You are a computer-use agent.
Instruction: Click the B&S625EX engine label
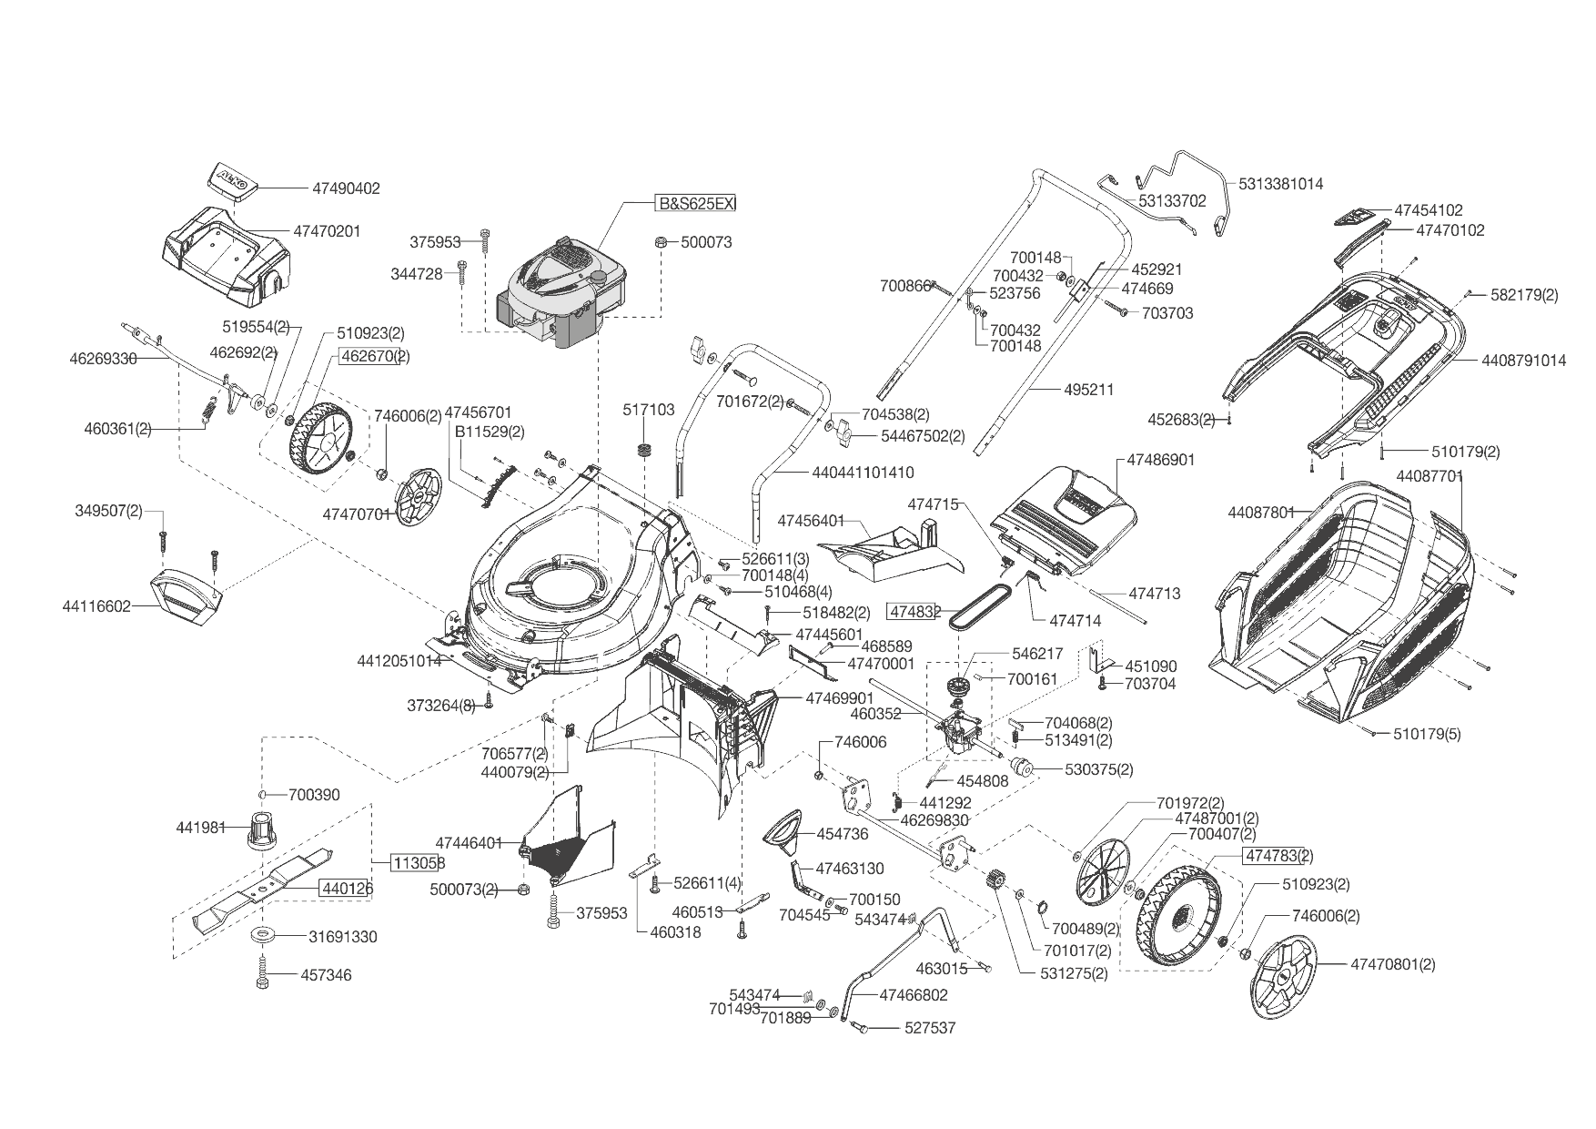pyautogui.click(x=696, y=203)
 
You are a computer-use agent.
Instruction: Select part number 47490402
pyautogui.click(x=346, y=188)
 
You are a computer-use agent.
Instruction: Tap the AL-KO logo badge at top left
pyautogui.click(x=232, y=179)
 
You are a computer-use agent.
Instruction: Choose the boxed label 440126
pyautogui.click(x=345, y=888)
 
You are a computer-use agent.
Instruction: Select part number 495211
pyautogui.click(x=1089, y=390)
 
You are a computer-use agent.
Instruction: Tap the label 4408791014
pyautogui.click(x=1523, y=361)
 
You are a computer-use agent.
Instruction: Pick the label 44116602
pyautogui.click(x=96, y=605)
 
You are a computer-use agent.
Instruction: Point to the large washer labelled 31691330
pyautogui.click(x=265, y=935)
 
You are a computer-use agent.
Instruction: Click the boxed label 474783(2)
pyautogui.click(x=1278, y=856)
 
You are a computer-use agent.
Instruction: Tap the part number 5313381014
pyautogui.click(x=1281, y=183)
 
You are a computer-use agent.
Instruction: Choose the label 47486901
pyautogui.click(x=1160, y=460)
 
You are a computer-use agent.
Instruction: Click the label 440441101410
pyautogui.click(x=860, y=473)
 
